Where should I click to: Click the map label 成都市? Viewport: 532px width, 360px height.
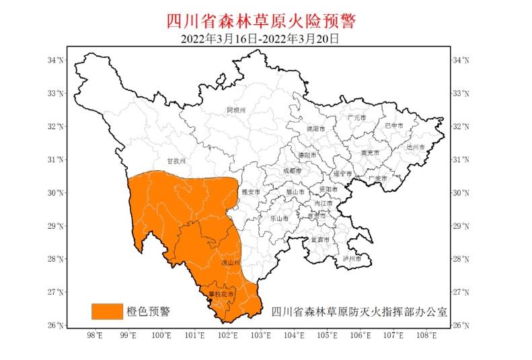tap(293, 171)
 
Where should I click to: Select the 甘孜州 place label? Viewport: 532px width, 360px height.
tap(175, 161)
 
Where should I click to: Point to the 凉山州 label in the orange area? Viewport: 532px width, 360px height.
tap(231, 263)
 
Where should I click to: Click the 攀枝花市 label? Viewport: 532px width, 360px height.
tap(221, 295)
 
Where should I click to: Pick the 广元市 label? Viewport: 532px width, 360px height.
tap(356, 118)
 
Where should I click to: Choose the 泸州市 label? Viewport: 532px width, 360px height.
tap(352, 258)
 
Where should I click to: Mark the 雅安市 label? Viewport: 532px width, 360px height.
tap(250, 192)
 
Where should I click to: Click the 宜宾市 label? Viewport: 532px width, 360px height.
tap(319, 240)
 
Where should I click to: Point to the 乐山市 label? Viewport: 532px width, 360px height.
tap(279, 218)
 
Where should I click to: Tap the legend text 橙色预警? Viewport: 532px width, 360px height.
tap(148, 311)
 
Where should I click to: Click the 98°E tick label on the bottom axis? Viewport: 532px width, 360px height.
tap(95, 334)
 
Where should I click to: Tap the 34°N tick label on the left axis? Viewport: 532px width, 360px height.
tap(56, 61)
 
